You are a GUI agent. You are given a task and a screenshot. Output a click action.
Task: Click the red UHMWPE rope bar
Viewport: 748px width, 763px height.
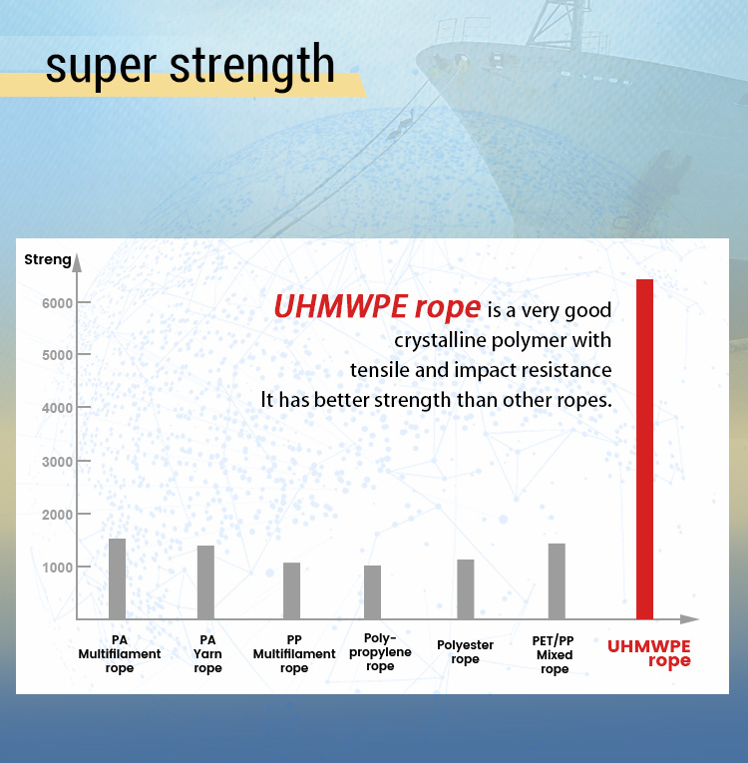[x=644, y=449]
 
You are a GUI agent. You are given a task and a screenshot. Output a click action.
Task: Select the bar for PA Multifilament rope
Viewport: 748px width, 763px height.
[x=117, y=578]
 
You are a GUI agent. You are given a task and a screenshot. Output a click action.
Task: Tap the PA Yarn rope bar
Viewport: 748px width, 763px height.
[x=205, y=582]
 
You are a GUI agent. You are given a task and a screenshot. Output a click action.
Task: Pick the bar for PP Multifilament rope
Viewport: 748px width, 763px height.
[x=291, y=590]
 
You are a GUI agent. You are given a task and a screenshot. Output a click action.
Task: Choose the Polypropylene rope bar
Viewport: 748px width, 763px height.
[x=372, y=592]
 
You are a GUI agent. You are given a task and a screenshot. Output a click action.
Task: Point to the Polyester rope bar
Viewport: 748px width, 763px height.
[x=465, y=589]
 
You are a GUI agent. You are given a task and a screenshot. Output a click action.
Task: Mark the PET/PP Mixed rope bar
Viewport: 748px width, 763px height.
[x=557, y=581]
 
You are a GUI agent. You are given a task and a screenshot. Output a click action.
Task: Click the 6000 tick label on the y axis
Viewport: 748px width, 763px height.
[x=57, y=303]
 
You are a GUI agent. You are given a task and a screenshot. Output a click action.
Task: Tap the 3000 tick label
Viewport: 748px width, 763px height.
[x=57, y=462]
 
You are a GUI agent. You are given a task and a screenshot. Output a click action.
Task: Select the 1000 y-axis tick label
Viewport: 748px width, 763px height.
[x=57, y=568]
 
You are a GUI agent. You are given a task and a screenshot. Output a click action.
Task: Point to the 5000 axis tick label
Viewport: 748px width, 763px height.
[x=57, y=355]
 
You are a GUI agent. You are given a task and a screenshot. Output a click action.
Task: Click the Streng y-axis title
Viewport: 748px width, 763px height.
[x=48, y=260]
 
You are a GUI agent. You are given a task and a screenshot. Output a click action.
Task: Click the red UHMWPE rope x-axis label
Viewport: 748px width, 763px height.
[x=649, y=653]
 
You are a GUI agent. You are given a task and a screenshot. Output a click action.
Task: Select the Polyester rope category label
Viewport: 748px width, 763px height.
[x=465, y=652]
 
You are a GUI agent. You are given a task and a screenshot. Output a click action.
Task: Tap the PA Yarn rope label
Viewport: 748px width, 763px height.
[x=207, y=654]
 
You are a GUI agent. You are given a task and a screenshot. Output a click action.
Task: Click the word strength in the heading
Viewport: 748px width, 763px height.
[x=252, y=66]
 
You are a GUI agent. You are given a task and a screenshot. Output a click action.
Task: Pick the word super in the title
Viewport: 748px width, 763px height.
[x=101, y=68]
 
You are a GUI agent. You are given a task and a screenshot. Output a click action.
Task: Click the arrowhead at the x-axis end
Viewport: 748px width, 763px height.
[x=689, y=619]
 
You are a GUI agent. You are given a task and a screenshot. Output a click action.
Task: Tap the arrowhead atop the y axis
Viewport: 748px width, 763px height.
[x=77, y=262]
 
